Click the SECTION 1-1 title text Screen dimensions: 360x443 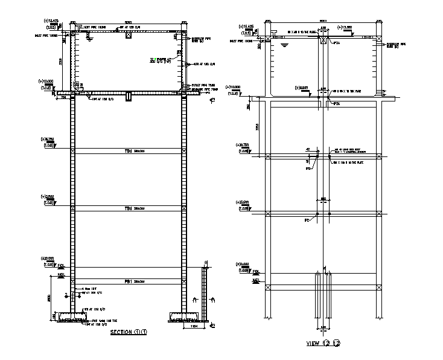(x=129, y=332)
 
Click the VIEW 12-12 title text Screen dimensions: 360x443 (x=323, y=343)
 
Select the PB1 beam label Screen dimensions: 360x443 (x=129, y=281)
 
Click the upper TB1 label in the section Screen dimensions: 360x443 (x=129, y=151)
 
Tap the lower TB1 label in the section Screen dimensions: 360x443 (x=129, y=208)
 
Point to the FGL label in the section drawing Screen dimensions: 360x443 (x=60, y=265)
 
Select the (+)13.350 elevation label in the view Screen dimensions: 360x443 (x=345, y=27)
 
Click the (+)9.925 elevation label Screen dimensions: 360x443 (x=302, y=88)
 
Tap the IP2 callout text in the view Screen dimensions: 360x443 (x=308, y=220)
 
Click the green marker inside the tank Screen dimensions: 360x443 (x=155, y=59)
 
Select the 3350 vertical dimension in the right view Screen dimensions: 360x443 (x=257, y=127)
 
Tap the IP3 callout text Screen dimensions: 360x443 (x=308, y=168)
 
